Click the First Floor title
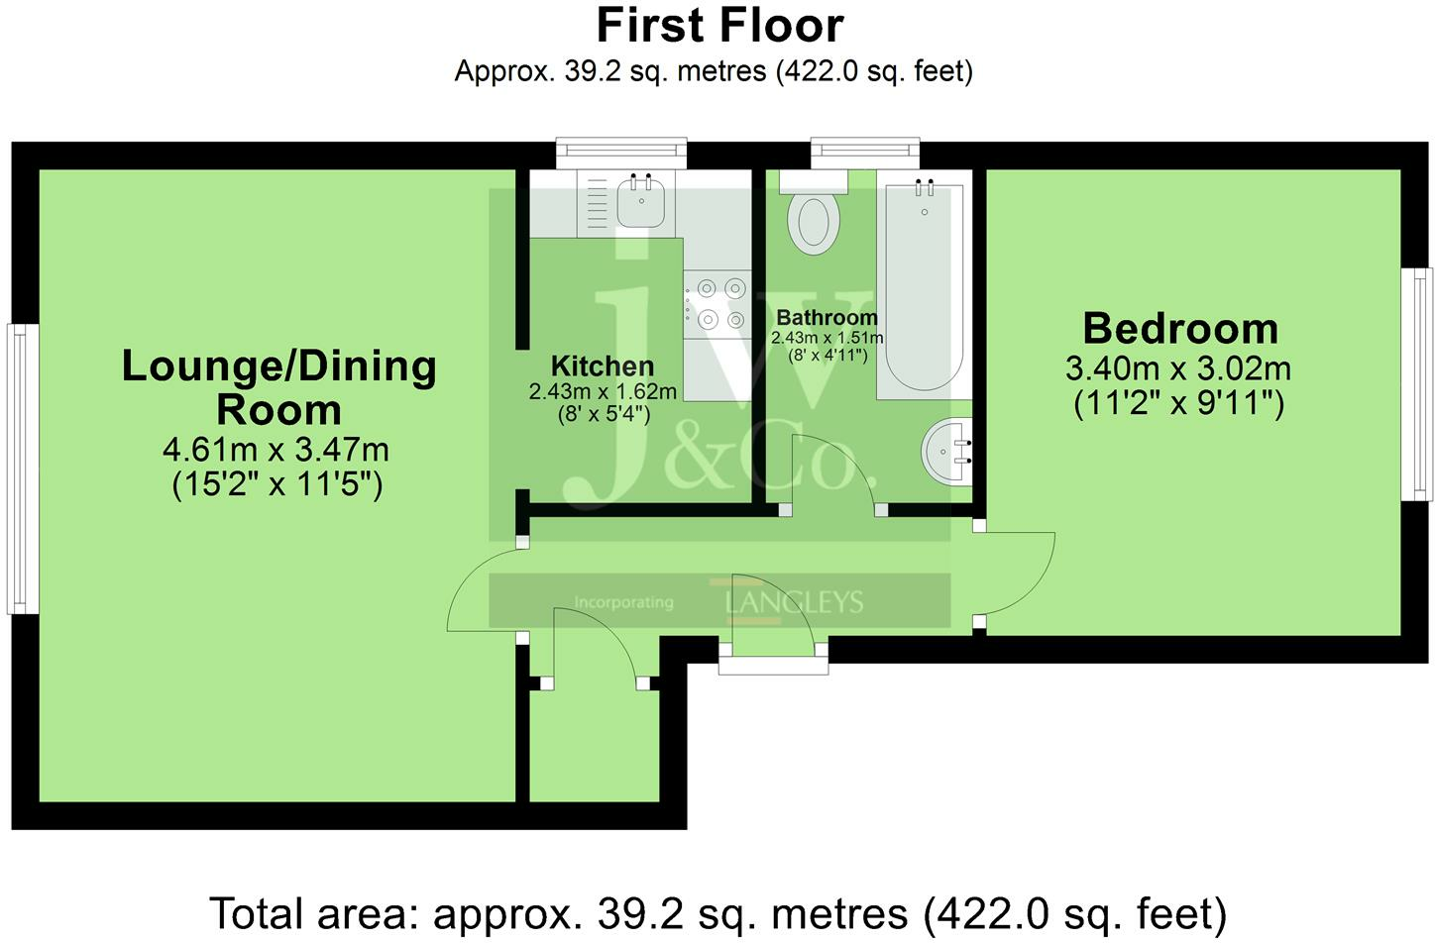click(719, 25)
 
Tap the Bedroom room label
click(1179, 328)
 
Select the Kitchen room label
click(602, 366)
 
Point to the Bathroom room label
click(827, 317)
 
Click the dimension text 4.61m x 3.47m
click(276, 450)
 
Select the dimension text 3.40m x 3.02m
click(1178, 368)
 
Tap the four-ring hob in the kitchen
click(720, 303)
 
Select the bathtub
click(924, 287)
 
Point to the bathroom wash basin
click(947, 452)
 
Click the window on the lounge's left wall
click(24, 469)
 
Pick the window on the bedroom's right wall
click(1421, 384)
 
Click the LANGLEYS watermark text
click(794, 601)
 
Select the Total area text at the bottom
click(717, 913)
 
